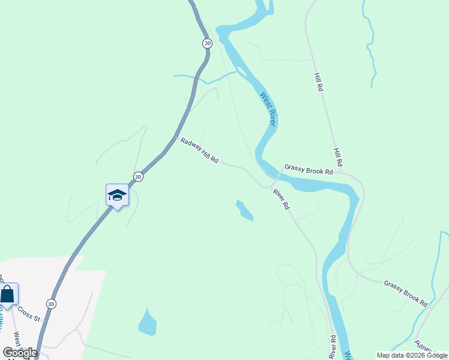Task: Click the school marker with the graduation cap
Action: pos(117,195)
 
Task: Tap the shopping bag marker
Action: pos(8,294)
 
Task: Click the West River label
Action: pos(268,109)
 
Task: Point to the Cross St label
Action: pos(28,313)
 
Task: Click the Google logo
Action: pos(20,353)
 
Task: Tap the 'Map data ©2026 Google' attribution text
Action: pos(412,355)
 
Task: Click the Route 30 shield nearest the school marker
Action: pos(138,176)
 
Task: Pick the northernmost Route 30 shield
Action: pos(207,43)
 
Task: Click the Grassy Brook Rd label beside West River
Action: pos(309,170)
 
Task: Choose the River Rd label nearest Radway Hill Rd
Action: pos(282,199)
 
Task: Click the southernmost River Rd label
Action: pos(332,347)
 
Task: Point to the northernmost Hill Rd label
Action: pos(319,82)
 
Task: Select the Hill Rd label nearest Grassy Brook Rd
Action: pos(339,157)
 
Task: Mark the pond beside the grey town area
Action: pos(148,322)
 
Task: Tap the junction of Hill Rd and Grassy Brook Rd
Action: pos(340,172)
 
